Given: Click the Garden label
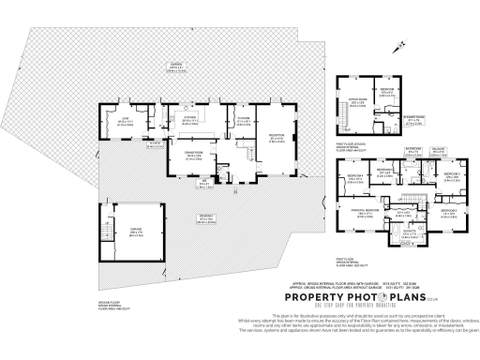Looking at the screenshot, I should tap(175, 66).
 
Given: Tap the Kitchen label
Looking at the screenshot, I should tap(190, 120).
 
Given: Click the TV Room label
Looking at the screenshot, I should tap(242, 120).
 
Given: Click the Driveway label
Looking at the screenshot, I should tap(204, 217).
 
